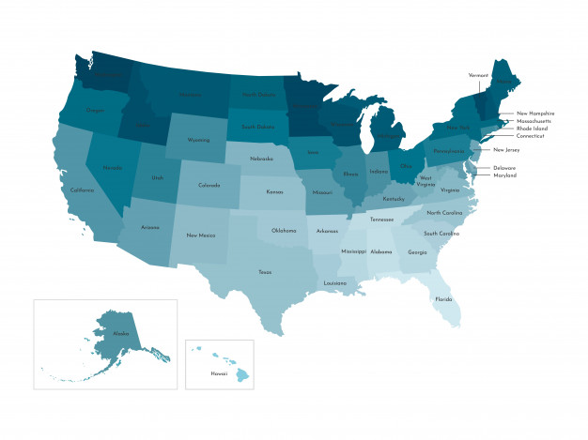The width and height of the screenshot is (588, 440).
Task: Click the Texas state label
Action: point(266,271)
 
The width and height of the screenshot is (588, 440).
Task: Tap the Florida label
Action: point(443,299)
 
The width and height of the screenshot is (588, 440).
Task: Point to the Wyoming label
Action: point(198,140)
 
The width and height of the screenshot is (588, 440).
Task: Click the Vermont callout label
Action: point(479,75)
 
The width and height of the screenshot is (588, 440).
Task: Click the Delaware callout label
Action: point(504,168)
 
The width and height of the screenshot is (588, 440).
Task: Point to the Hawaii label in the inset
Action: point(204,373)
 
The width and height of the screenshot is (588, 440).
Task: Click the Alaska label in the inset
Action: point(120,333)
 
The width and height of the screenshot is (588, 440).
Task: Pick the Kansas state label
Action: point(274,191)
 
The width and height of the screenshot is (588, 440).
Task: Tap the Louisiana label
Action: point(335,282)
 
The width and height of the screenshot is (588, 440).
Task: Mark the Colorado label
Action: point(209,185)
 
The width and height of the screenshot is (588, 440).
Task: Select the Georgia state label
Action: point(417,251)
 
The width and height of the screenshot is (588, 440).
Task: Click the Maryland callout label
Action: point(505,175)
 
